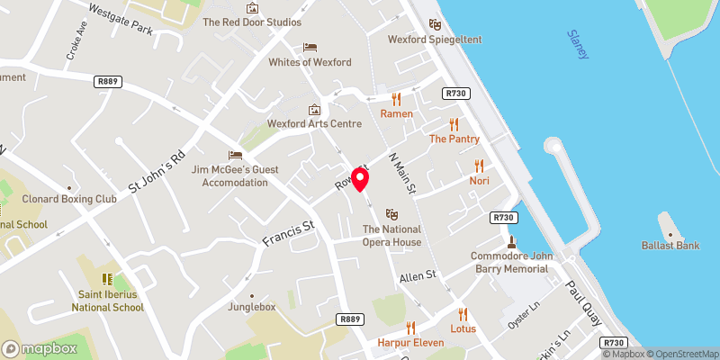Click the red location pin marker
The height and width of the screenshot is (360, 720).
coord(360,179)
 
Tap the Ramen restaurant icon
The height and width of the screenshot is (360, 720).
coord(396,99)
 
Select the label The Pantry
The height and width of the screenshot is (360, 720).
coord(454,139)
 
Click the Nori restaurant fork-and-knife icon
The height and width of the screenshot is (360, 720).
coord(479,166)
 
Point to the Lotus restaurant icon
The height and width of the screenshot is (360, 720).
coord(463,314)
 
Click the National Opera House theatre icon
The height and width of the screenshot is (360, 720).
coord(391,214)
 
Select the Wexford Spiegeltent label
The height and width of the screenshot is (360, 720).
coord(435,40)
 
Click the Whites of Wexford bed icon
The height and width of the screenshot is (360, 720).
coord(310,47)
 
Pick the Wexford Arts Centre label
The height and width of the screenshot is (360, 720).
coord(314,123)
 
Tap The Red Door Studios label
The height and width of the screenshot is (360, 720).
coord(252,22)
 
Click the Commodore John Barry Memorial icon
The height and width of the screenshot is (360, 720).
coord(511,241)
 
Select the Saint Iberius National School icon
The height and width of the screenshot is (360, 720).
coord(107,279)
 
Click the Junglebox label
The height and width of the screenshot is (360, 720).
coord(252,308)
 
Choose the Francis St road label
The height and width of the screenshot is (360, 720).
coord(285,233)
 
